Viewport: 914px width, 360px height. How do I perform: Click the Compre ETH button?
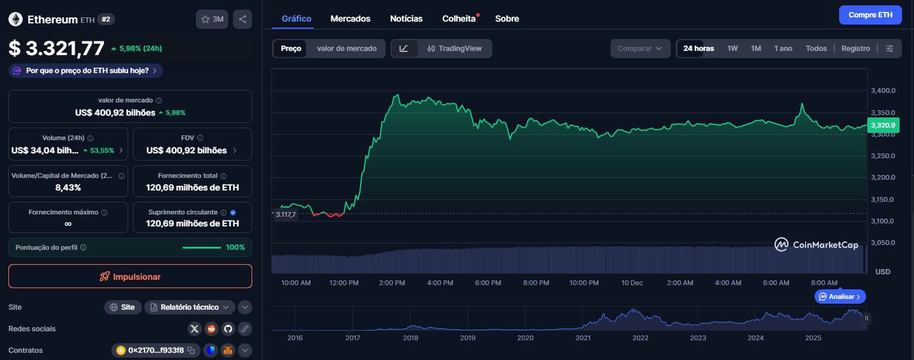click(870, 15)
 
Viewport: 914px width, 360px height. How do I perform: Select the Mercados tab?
click(350, 19)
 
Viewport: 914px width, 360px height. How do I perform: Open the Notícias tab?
click(406, 19)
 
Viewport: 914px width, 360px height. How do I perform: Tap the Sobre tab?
click(507, 19)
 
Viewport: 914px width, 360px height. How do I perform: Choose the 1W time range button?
click(733, 49)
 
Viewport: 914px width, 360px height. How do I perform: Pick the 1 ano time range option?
click(783, 49)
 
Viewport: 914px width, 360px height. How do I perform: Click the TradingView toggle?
click(455, 49)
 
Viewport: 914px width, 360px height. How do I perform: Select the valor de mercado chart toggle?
click(347, 49)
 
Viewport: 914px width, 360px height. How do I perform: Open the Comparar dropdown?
click(640, 49)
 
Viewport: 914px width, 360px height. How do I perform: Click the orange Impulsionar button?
click(130, 276)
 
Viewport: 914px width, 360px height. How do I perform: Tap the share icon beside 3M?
click(243, 19)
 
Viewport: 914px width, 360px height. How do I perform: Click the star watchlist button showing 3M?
click(212, 19)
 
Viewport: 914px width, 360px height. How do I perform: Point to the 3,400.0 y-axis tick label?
click(882, 91)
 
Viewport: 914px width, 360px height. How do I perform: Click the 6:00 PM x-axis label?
click(488, 283)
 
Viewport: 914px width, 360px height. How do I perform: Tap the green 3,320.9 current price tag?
click(883, 125)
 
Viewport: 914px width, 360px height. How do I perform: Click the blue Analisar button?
click(840, 297)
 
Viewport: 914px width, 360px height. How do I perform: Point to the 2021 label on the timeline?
click(583, 338)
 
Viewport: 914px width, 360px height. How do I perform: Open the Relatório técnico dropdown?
click(189, 307)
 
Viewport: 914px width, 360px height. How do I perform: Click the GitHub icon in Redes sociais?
click(228, 329)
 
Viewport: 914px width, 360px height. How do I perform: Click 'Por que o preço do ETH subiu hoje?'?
click(86, 71)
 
